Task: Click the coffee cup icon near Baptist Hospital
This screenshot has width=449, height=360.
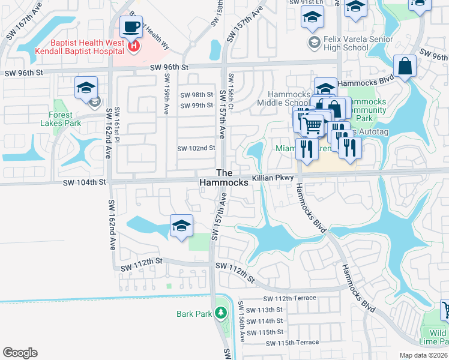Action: [131, 27]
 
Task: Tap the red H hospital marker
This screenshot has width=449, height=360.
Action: [134, 45]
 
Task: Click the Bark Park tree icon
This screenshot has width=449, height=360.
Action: [221, 313]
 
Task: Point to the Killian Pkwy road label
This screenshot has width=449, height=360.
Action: [273, 178]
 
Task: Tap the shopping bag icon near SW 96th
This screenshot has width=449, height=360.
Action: [405, 66]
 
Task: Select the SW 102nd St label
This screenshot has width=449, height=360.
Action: [196, 148]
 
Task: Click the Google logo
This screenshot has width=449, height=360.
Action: [20, 353]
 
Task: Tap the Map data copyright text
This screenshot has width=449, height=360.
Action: [424, 355]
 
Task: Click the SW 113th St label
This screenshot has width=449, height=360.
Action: [267, 310]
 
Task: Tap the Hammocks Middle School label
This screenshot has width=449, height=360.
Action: [288, 99]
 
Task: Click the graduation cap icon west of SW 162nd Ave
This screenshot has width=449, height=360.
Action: [86, 88]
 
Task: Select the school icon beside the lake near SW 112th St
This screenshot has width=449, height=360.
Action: [181, 226]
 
